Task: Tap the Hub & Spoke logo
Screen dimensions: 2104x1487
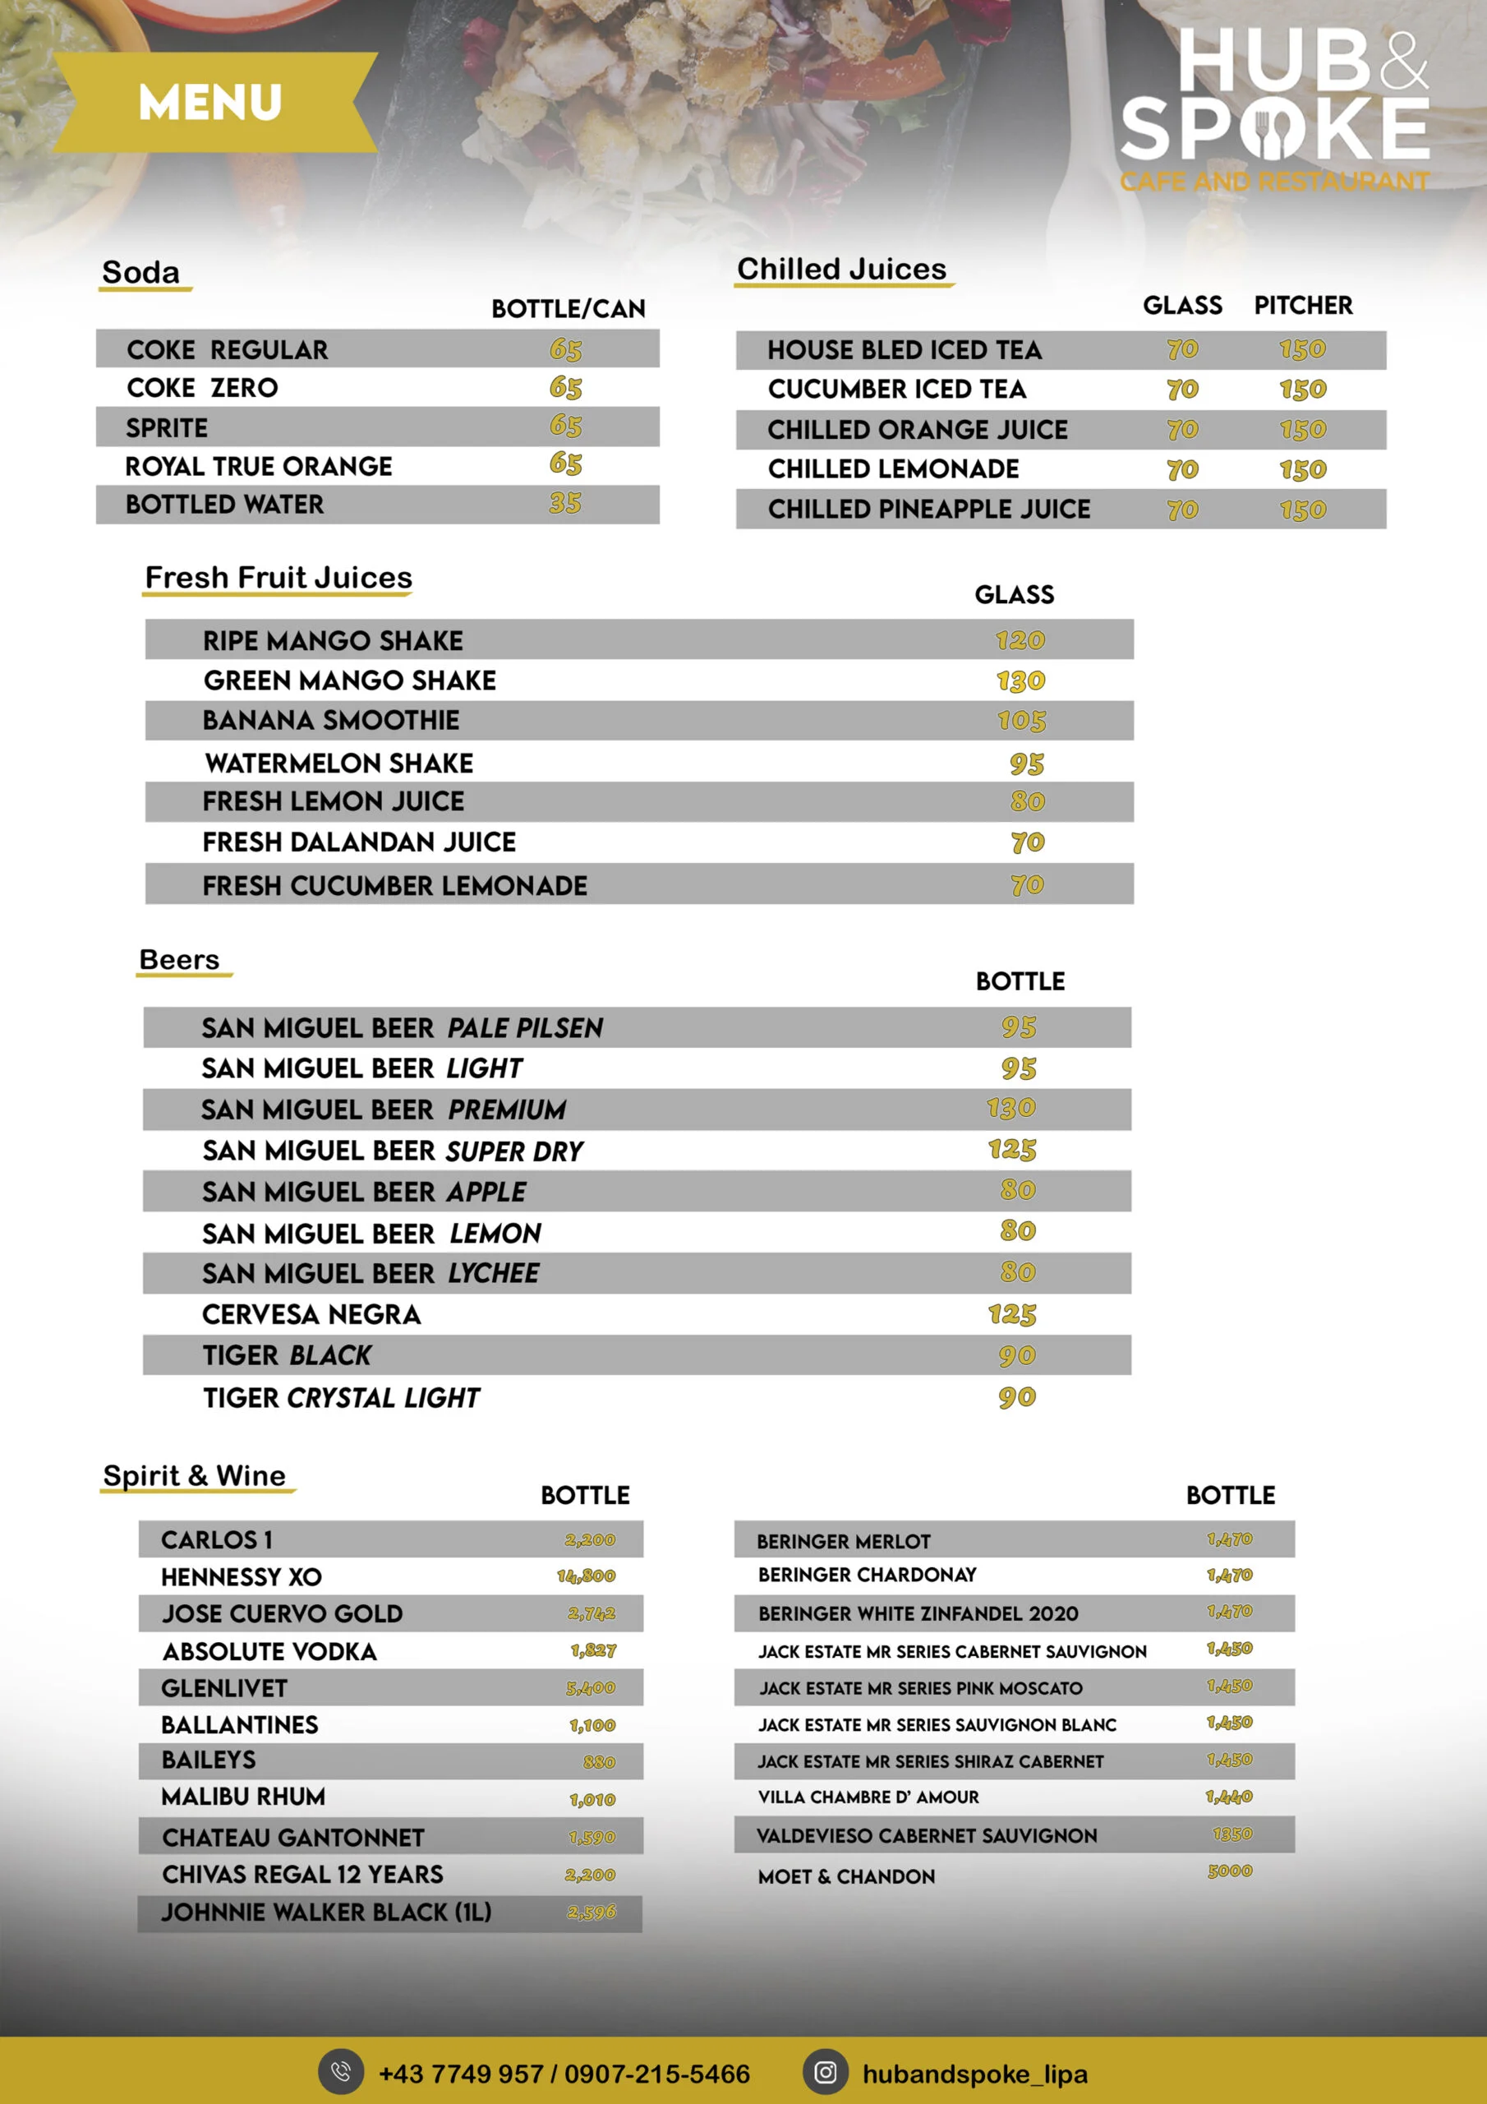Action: [1274, 106]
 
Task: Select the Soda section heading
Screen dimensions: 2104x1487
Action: [141, 272]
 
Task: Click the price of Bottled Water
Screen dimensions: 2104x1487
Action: [565, 503]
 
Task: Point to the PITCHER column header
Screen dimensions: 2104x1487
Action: [1303, 305]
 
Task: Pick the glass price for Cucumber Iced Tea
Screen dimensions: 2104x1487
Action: [1182, 390]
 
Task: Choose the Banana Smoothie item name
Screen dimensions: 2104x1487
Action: [331, 720]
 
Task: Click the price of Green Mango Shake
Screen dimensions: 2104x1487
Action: [1020, 681]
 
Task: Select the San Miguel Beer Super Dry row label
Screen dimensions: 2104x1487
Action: [392, 1151]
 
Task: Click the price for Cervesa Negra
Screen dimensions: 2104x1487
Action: [1011, 1315]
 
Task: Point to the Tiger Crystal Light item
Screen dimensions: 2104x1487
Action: [341, 1397]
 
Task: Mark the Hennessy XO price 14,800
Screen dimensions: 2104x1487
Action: [587, 1576]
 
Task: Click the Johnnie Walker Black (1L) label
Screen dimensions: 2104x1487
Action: [326, 1913]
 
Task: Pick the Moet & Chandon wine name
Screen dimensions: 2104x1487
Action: [846, 1876]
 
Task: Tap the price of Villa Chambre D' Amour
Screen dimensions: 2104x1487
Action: [1229, 1797]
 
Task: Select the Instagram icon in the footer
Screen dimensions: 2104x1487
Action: [826, 2072]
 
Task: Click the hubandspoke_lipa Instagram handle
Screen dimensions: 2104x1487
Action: [975, 2074]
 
